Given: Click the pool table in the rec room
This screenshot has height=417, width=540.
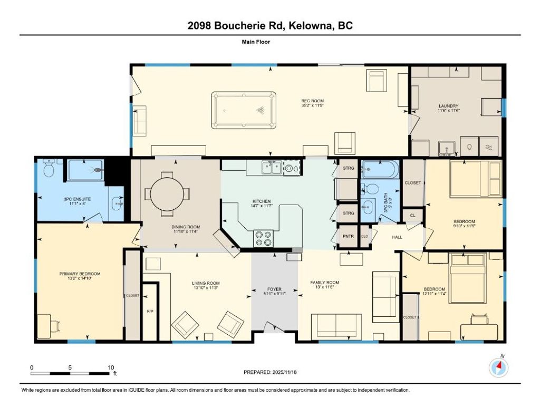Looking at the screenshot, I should coord(244,110).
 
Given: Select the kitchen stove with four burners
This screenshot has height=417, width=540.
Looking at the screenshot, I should coord(263,239).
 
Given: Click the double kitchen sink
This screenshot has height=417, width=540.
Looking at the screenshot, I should coord(272,168).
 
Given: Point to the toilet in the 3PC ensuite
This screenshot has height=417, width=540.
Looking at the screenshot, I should coord(49,169).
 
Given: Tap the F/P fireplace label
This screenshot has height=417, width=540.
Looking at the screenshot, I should coord(150,312).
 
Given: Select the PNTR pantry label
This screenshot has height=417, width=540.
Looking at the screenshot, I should coord(348,236).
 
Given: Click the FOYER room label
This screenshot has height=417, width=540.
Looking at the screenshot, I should coord(274,289).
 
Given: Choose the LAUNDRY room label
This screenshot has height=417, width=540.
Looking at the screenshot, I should coord(448,105).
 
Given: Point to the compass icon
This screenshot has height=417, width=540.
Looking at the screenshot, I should coord(498,367).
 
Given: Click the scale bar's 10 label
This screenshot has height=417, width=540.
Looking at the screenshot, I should coord(111,367).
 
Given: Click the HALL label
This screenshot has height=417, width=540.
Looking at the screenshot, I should coord(397,237).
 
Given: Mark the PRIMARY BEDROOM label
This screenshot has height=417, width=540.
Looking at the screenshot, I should coord(79,274).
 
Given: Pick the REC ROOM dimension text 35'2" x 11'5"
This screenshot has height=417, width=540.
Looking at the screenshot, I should coord(312,105).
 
